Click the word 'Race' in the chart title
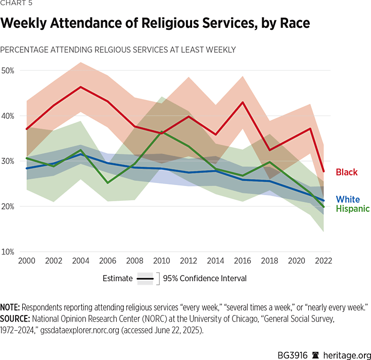tap(289, 23)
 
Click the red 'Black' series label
tap(347, 172)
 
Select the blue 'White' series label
tap(348, 199)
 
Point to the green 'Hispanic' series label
tap(353, 208)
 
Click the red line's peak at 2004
tap(80, 87)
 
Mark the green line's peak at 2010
tap(162, 131)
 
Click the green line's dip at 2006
tap(108, 183)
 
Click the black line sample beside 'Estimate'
tap(145, 279)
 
